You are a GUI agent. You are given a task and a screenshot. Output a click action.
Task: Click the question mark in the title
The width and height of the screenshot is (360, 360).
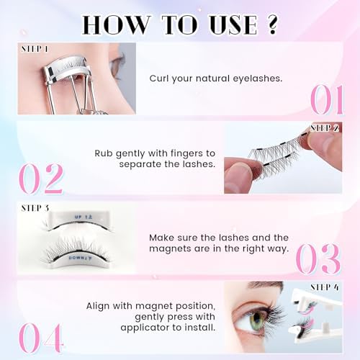tap(272, 24)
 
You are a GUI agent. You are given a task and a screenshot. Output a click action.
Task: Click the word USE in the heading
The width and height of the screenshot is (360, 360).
tap(233, 24)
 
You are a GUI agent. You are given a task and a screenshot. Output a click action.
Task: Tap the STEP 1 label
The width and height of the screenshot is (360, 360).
tap(35, 49)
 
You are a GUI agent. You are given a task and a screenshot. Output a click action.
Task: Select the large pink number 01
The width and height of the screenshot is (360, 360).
tap(327, 100)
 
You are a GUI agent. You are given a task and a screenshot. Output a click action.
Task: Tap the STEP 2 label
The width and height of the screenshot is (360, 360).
tap(325, 128)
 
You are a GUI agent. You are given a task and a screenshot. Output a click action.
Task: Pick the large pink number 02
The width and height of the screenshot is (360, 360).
tap(41, 179)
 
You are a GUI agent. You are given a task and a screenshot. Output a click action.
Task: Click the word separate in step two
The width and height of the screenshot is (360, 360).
tap(140, 164)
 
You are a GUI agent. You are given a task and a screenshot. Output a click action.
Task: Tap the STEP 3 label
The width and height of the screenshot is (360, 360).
tap(35, 208)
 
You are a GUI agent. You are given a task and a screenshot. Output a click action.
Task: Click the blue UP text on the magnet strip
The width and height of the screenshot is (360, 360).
tap(78, 217)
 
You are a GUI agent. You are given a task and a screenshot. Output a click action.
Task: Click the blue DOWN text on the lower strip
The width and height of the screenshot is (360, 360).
tap(75, 258)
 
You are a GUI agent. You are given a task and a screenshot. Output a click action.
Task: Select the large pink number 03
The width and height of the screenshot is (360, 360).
tap(318, 258)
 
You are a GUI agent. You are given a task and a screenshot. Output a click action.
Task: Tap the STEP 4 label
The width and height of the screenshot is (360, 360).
tap(325, 287)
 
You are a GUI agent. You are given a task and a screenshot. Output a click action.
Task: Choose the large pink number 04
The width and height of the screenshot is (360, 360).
tap(41, 338)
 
